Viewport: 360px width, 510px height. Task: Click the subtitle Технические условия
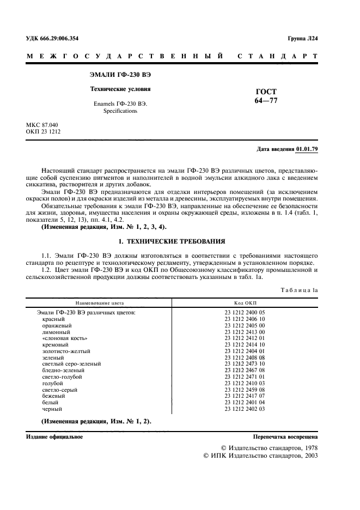120,88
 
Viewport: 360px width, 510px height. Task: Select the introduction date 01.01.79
307,149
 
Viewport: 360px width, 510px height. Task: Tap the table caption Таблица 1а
299,290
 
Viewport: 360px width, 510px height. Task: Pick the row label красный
53,319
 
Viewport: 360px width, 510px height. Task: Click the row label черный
52,409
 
